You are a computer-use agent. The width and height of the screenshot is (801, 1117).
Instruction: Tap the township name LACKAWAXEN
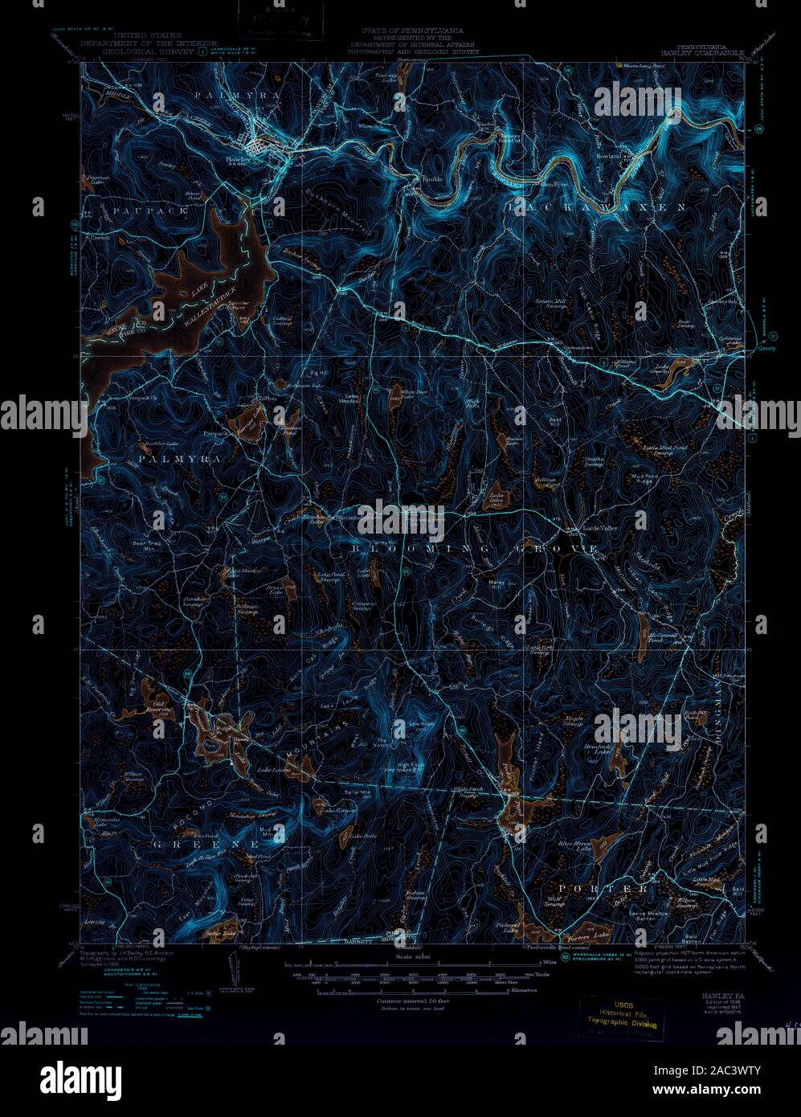coord(596,207)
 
